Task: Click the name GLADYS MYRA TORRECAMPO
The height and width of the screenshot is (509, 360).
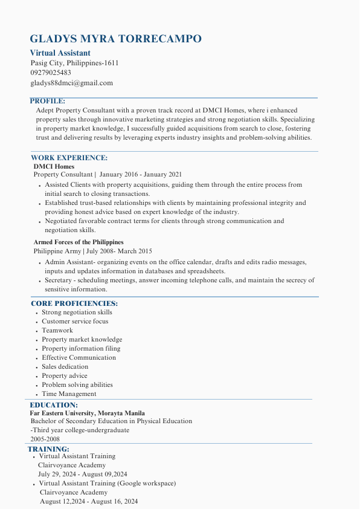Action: pos(115,39)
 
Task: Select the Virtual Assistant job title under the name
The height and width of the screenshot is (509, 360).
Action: pos(60,53)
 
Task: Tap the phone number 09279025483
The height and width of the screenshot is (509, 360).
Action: pos(51,73)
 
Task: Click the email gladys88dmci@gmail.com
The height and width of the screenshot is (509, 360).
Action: pos(71,83)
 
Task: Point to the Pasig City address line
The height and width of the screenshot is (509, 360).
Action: pos(74,63)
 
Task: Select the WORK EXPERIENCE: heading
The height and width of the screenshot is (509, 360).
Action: pos(69,158)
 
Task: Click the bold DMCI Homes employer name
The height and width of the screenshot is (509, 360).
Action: pos(54,166)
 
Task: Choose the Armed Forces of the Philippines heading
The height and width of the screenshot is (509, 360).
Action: pos(79,242)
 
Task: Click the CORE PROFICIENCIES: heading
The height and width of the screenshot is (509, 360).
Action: pos(74,303)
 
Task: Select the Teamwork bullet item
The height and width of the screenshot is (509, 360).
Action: pos(57,331)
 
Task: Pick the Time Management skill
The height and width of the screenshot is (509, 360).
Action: pos(69,394)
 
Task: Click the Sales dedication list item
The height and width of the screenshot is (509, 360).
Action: pos(65,367)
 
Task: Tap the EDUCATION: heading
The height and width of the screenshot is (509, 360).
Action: pos(54,405)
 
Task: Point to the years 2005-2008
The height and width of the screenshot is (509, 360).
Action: pos(45,439)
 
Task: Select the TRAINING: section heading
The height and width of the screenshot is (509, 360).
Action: pos(48,449)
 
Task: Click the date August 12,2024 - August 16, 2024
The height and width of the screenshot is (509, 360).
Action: pos(89,502)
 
